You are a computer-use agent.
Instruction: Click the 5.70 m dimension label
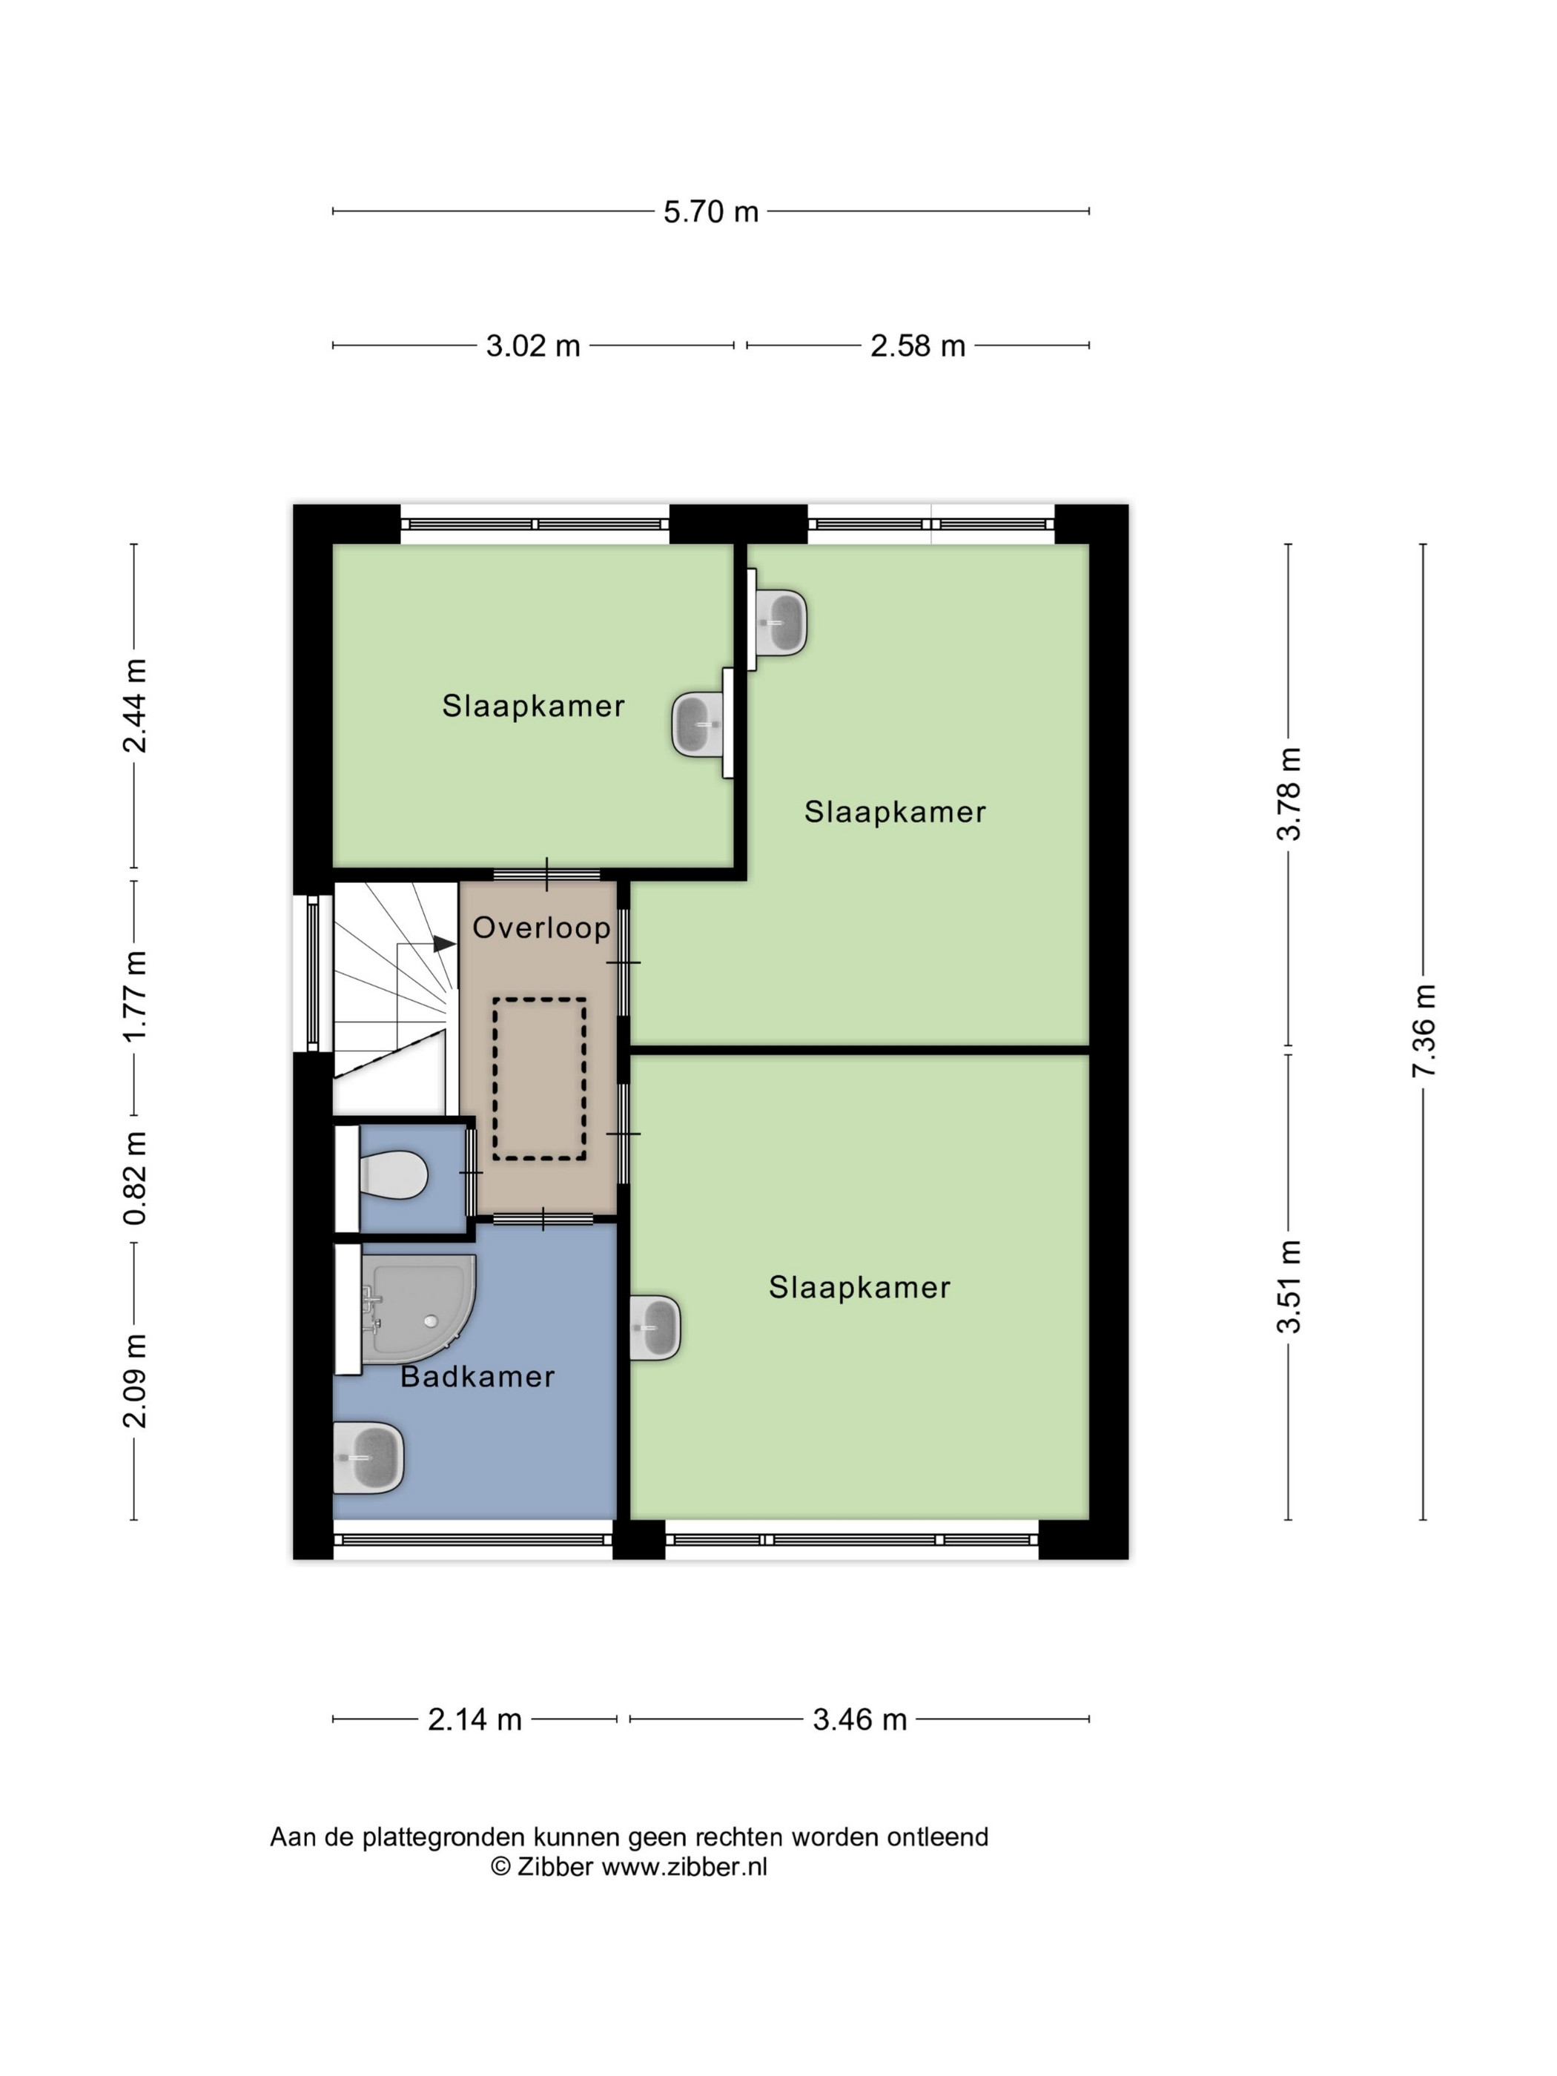tap(710, 211)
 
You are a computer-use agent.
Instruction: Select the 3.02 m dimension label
tap(533, 346)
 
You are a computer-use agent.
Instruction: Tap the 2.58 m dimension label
tap(917, 346)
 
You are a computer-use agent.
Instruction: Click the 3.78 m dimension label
tap(1289, 794)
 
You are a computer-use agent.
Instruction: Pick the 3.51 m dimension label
tap(1289, 1286)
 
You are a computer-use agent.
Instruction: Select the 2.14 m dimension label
tap(475, 1719)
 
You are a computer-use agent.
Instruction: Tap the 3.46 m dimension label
tap(859, 1719)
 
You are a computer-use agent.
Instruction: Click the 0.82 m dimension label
tap(135, 1178)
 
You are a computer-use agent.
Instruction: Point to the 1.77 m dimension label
tap(135, 995)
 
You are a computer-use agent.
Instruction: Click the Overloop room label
tap(541, 928)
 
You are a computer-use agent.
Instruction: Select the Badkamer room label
tap(477, 1377)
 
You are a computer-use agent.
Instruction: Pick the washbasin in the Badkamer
tap(368, 1458)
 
